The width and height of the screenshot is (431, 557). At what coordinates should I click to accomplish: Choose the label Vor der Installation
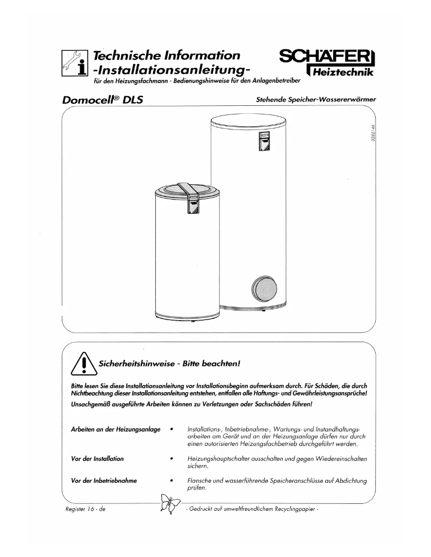tap(97, 458)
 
